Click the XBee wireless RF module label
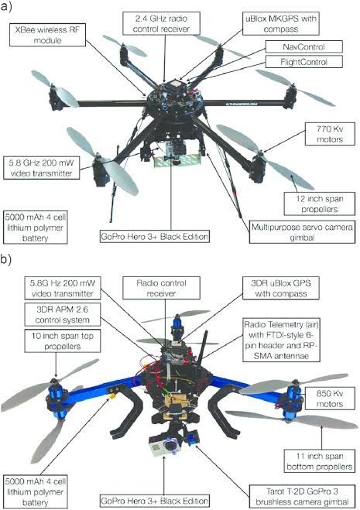coord(47,35)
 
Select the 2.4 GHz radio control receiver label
coord(161,23)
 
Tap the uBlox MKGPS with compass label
coord(280,23)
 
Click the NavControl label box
coord(304,47)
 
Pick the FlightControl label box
coord(304,62)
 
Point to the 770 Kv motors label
coord(330,134)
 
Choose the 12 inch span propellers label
coord(319,204)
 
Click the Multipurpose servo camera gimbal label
coord(302,232)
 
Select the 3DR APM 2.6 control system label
coord(62,314)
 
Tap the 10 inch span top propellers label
coord(62,341)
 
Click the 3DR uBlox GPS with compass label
coord(280,288)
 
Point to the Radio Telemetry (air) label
coord(281,340)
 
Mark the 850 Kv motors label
coord(330,399)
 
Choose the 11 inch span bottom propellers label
coord(319,461)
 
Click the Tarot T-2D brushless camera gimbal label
coord(302,496)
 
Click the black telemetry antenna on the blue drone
coord(203,346)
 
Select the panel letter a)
coord(6,6)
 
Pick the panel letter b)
coord(6,259)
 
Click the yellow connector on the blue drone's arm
coord(112,395)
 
